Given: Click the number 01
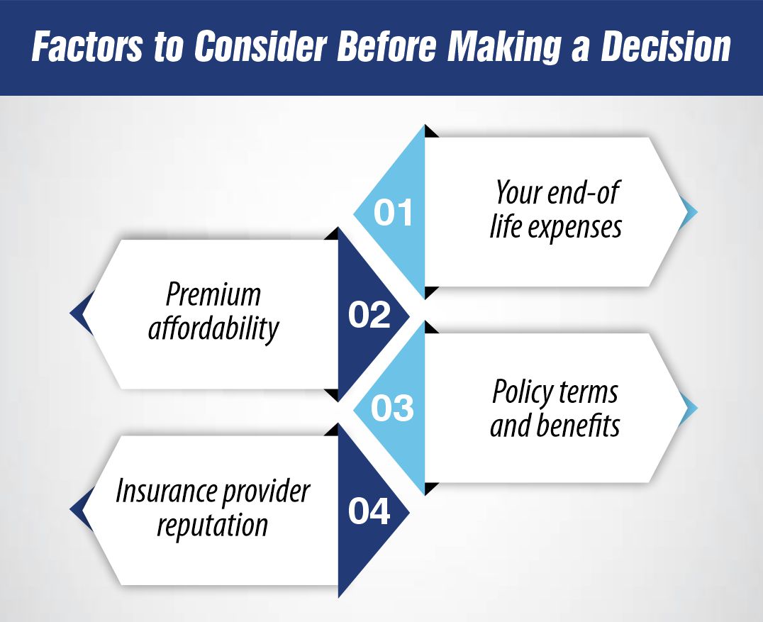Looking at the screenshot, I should [x=394, y=213].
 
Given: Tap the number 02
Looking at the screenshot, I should [x=369, y=315].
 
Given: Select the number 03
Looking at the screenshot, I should [x=392, y=409].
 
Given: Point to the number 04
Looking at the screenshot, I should [x=369, y=511].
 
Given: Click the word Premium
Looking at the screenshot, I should [x=213, y=294].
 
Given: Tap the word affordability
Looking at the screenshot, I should [x=213, y=329].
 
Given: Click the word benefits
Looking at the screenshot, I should [x=579, y=426].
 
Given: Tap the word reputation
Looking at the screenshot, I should [x=213, y=526].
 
